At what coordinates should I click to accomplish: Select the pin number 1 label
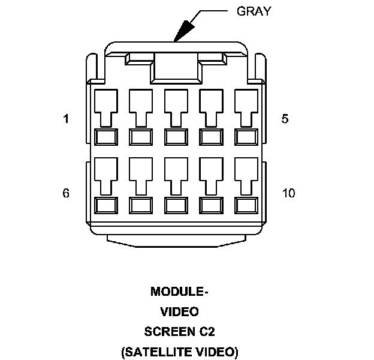[66, 119]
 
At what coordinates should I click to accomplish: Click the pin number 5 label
[285, 119]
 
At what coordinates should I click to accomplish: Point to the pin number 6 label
[66, 193]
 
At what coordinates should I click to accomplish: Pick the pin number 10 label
[288, 193]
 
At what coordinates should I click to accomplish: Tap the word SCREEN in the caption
[170, 331]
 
